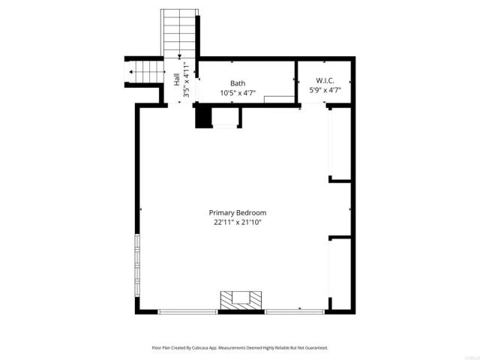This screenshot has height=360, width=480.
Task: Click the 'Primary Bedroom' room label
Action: point(238,212)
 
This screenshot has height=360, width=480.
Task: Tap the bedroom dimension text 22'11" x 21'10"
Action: point(238,222)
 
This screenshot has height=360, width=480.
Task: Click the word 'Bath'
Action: point(238,83)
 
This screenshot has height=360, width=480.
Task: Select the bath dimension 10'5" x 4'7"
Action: point(238,93)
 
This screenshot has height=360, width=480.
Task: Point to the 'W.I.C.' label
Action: point(325,81)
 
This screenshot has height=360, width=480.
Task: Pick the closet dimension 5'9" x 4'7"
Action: point(325,91)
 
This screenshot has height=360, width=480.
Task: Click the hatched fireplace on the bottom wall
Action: point(241,300)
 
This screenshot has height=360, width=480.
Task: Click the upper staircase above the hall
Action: point(179,33)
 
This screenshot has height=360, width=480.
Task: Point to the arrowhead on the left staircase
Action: point(132,72)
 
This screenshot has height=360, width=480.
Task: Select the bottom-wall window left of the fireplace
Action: point(187,311)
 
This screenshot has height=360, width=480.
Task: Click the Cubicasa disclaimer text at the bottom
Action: point(240,347)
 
